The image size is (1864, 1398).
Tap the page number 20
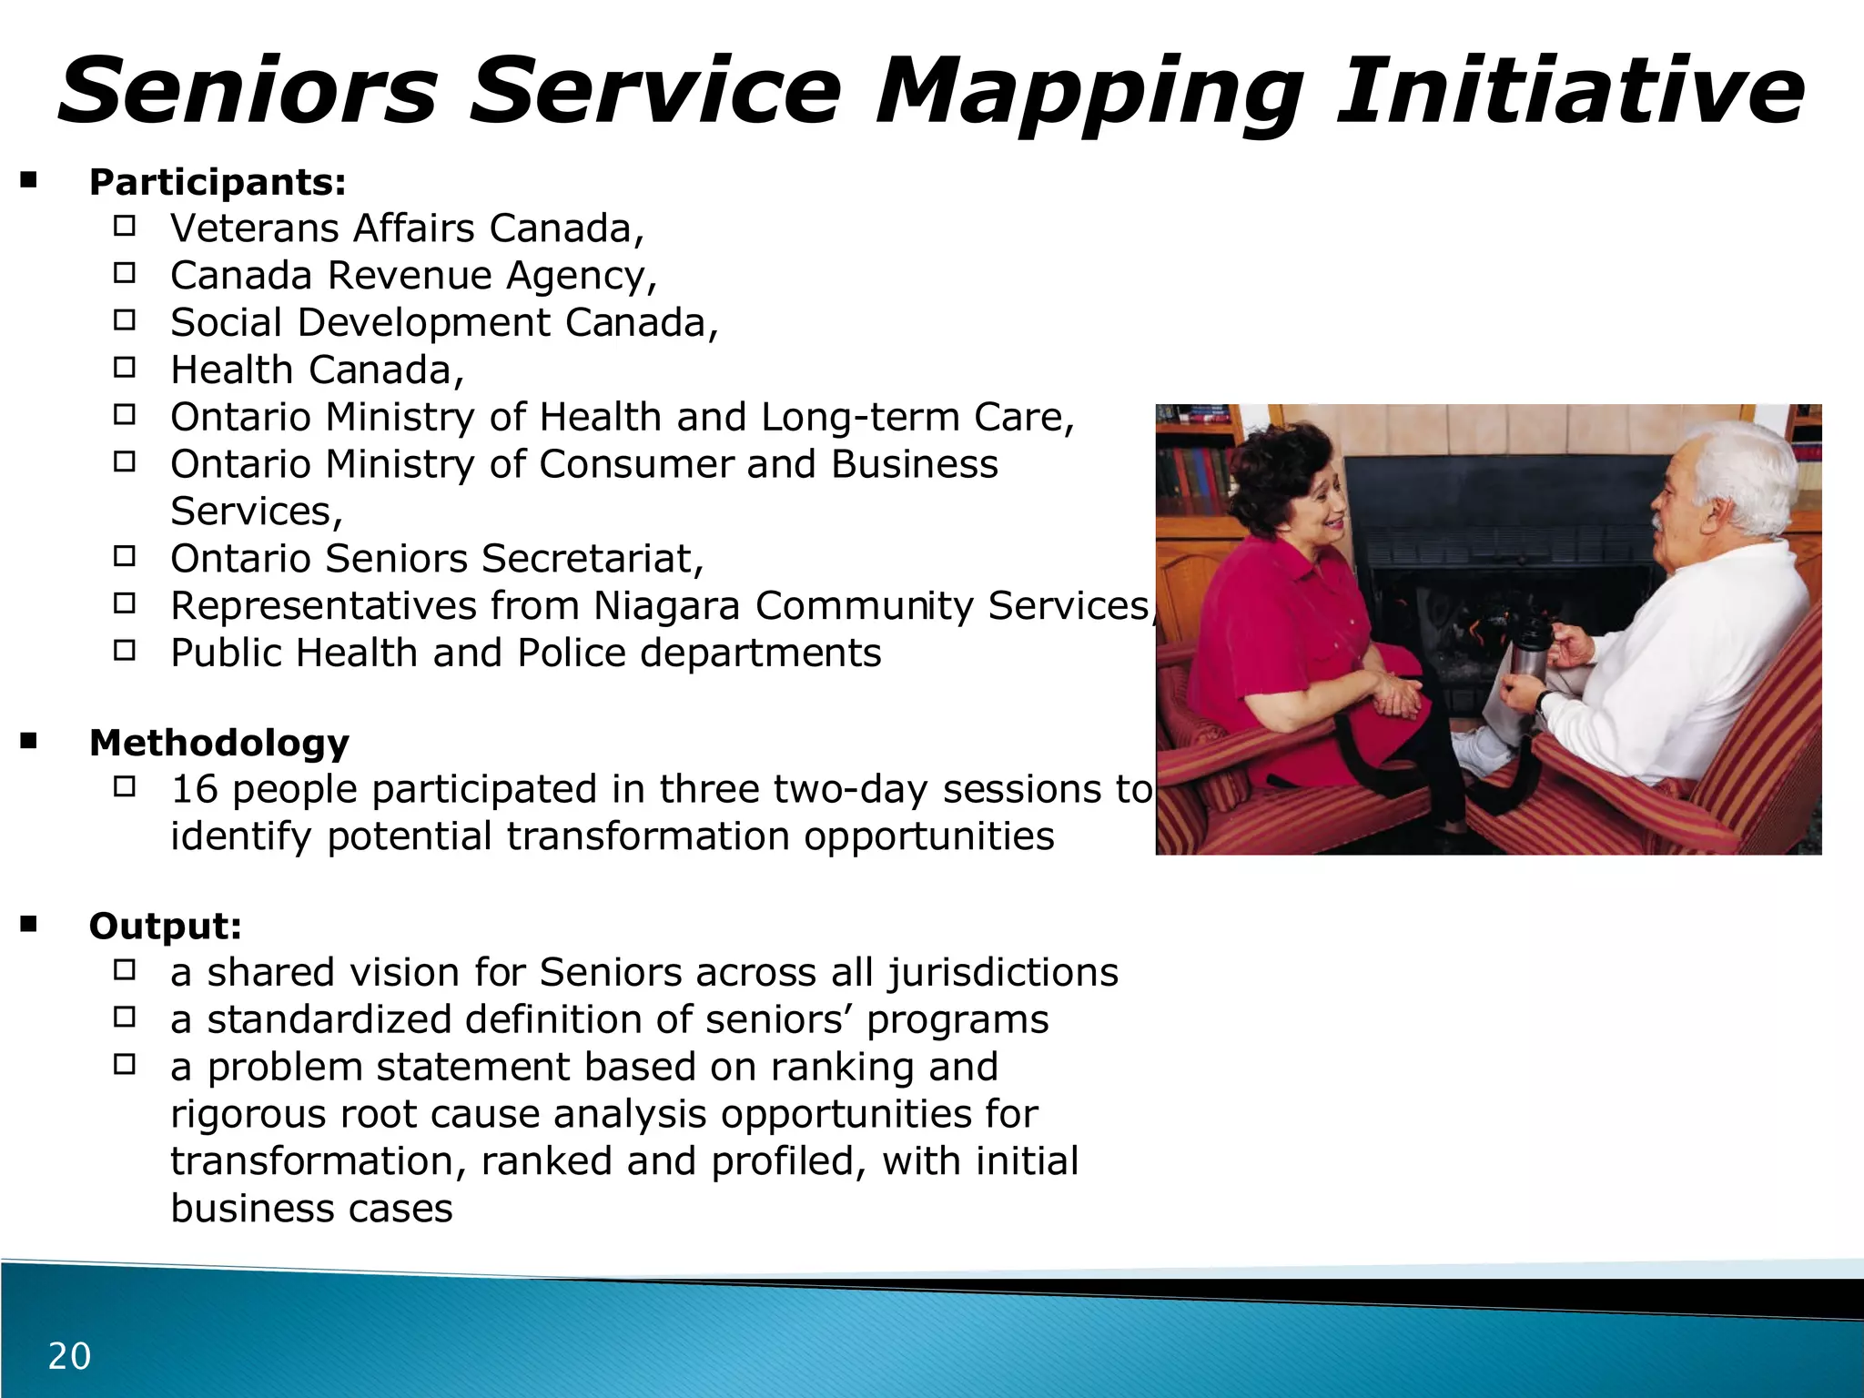click(69, 1356)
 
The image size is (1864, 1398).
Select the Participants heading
click(218, 182)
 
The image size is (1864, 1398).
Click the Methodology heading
click(219, 743)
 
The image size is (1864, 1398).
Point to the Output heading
click(166, 926)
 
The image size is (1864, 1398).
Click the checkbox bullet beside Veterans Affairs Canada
click(125, 226)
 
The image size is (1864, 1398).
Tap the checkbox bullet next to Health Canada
click(125, 368)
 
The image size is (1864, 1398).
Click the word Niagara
click(666, 606)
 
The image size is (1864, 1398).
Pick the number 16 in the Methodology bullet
click(194, 789)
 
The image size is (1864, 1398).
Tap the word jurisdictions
click(1003, 972)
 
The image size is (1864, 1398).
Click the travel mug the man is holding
click(1530, 650)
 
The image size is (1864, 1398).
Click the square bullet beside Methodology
click(29, 742)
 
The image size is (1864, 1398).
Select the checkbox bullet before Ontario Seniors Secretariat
click(125, 556)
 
